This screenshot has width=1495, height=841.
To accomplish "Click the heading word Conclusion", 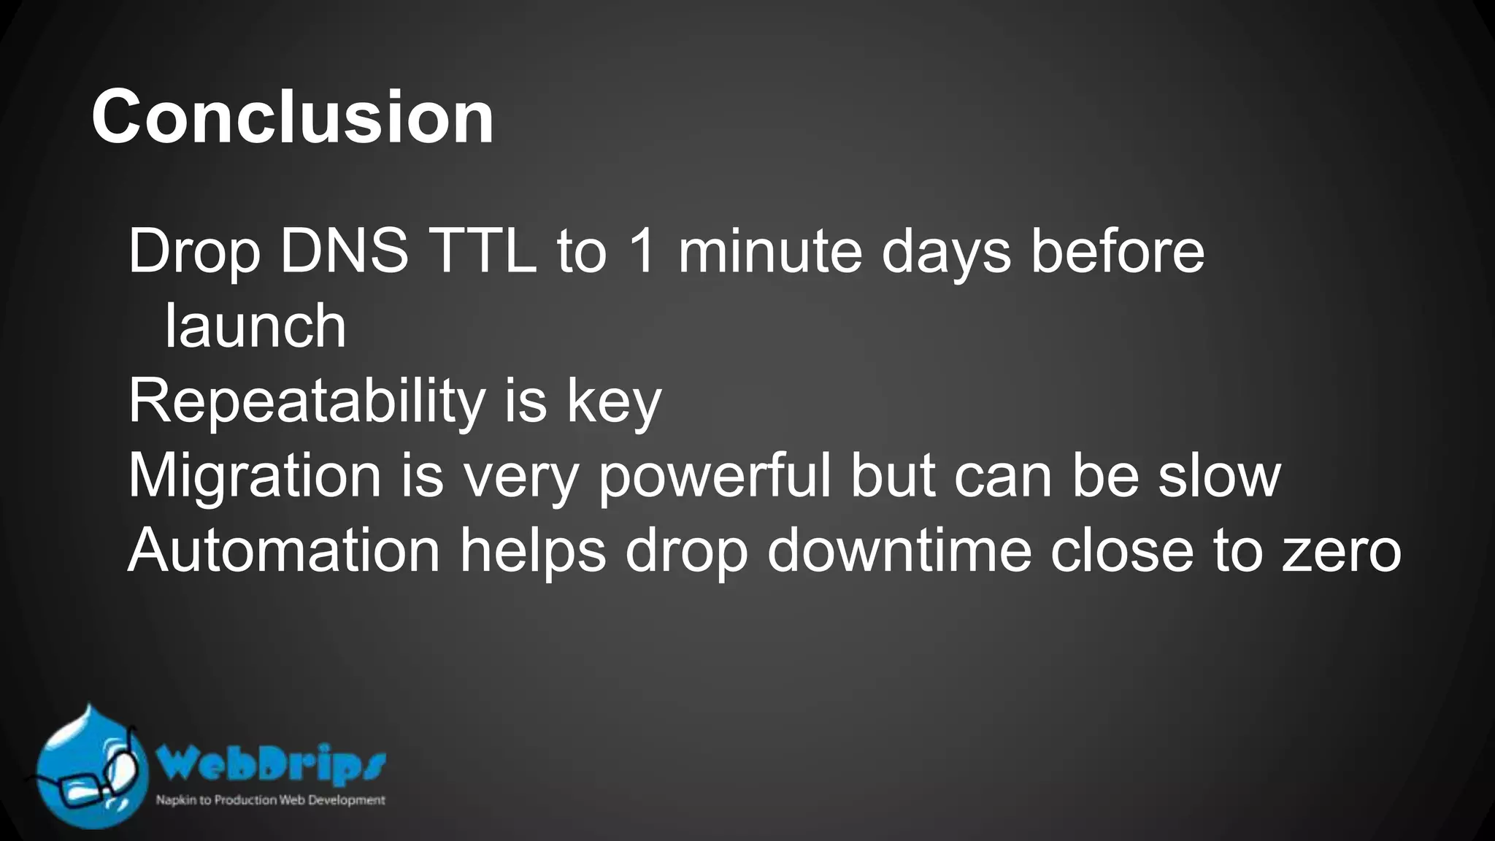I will [x=293, y=117].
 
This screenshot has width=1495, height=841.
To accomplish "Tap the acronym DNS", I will [x=344, y=252].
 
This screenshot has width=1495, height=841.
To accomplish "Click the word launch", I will [x=255, y=326].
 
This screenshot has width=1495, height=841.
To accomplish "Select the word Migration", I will [x=255, y=476].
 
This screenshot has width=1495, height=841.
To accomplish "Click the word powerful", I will [x=715, y=476].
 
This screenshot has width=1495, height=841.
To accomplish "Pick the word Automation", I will [x=284, y=550].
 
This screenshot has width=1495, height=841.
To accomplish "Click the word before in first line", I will [x=1117, y=252].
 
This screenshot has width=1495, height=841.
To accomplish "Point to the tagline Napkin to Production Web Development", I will [x=270, y=800].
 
